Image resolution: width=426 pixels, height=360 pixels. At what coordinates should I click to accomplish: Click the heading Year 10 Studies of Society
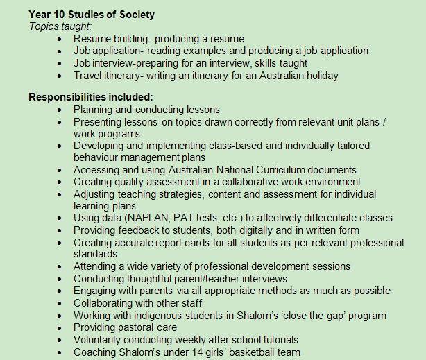92,14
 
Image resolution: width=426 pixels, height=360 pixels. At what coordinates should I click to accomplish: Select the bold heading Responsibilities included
90,96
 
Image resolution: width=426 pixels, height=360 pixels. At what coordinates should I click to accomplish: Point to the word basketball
260,352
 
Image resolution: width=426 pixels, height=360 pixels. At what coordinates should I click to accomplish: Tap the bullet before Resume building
60,39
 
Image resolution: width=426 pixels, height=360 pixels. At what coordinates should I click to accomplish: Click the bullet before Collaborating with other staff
60,303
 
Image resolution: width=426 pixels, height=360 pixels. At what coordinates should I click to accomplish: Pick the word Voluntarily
101,340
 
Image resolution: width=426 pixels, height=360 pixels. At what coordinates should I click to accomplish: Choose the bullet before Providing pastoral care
60,327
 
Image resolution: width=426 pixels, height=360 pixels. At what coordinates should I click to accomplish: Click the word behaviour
99,157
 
